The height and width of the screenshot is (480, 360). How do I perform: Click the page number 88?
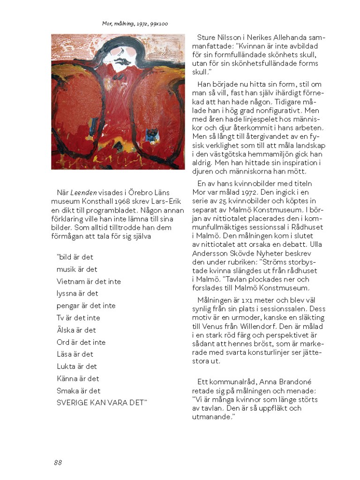click(x=58, y=462)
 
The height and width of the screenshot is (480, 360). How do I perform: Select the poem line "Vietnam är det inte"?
click(x=89, y=282)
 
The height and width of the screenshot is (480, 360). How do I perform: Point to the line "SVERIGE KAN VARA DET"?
click(x=102, y=403)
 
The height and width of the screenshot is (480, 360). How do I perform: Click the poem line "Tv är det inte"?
click(x=78, y=318)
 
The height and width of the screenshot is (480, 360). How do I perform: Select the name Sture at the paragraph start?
click(x=207, y=38)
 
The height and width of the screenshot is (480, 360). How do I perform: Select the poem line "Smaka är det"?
click(x=79, y=390)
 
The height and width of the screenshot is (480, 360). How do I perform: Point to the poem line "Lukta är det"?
click(x=77, y=366)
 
